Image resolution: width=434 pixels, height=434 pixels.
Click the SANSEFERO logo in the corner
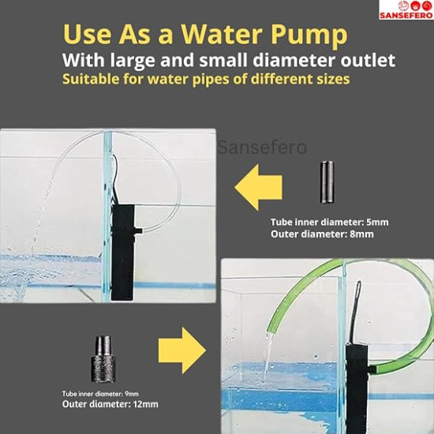click(x=406, y=10)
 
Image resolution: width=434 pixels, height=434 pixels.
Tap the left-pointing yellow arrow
click(x=259, y=187)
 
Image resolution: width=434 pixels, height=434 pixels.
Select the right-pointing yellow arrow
click(x=181, y=350)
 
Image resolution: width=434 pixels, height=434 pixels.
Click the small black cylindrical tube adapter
click(x=327, y=182)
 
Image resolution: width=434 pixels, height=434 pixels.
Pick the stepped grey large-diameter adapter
click(x=103, y=359)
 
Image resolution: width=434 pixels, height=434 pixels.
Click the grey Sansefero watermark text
click(x=262, y=148)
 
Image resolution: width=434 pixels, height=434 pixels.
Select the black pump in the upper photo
click(x=123, y=252)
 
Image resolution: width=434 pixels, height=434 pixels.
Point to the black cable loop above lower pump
click(x=358, y=301)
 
